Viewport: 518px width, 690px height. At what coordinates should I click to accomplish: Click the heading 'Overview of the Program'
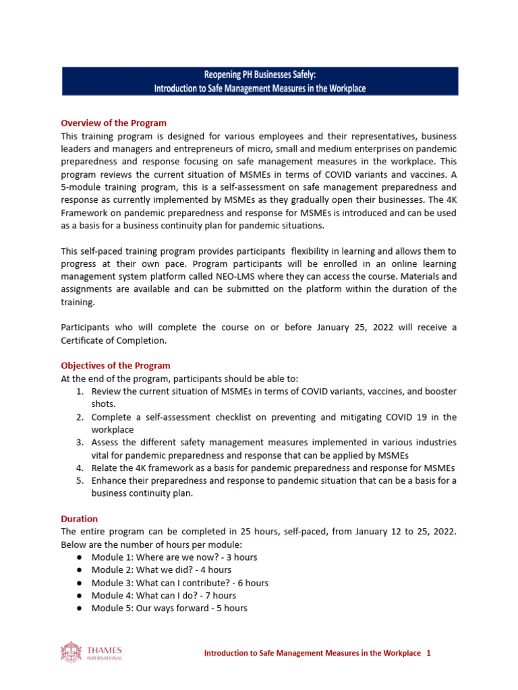point(113,123)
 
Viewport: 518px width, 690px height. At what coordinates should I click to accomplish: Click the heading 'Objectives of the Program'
point(115,366)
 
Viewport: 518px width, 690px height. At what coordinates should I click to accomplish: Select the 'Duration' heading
point(79,519)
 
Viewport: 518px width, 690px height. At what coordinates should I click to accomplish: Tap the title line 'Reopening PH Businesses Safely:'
point(260,76)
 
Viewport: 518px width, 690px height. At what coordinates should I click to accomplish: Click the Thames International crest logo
point(71,652)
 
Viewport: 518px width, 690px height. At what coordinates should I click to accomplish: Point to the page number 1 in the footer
point(428,653)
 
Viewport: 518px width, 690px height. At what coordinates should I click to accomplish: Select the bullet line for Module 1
point(174,557)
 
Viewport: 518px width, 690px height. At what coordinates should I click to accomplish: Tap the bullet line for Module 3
point(179,583)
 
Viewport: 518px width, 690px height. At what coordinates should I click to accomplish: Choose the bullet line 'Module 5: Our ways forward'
point(169,608)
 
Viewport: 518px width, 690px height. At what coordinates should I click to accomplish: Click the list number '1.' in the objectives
point(79,391)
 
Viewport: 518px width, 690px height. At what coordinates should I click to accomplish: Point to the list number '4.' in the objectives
point(79,468)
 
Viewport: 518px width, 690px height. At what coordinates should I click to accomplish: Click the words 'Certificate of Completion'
point(113,340)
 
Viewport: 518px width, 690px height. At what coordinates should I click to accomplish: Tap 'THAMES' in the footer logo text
point(105,650)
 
